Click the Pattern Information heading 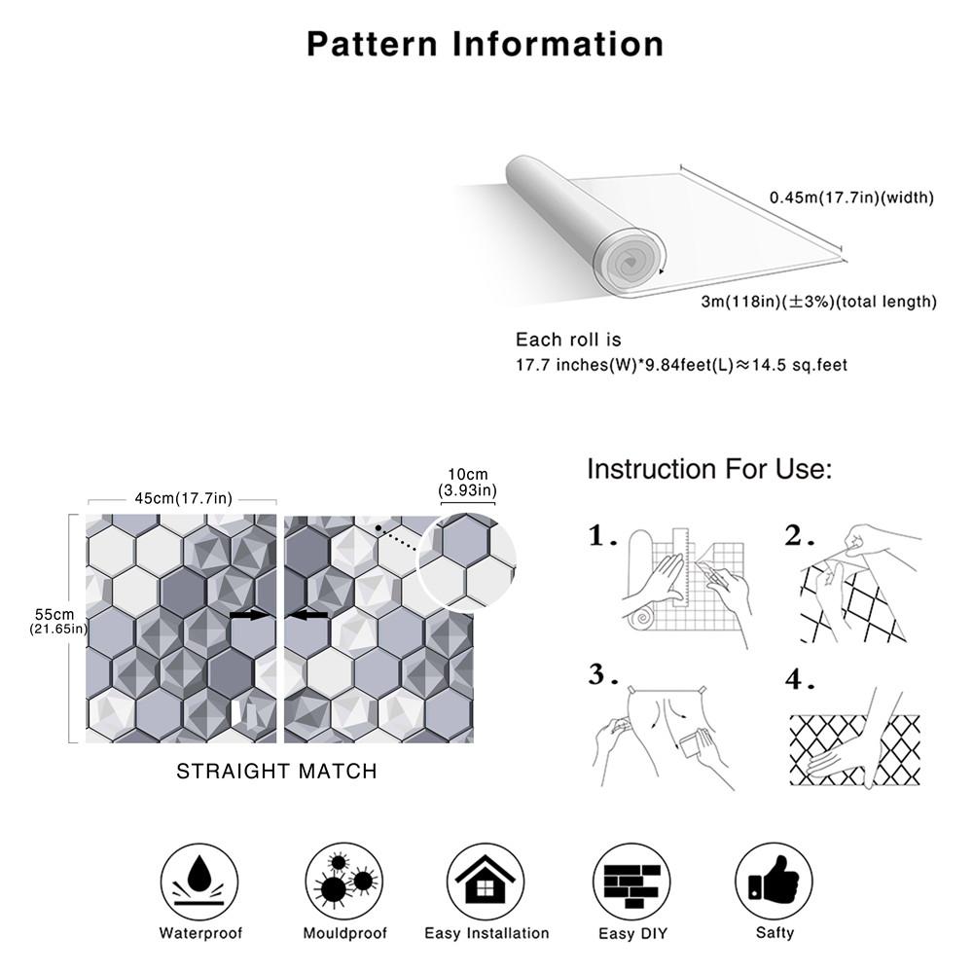[486, 44]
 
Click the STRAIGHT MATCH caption [276, 772]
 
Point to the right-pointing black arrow [250, 615]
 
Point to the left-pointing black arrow [310, 615]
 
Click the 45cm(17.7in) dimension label [183, 498]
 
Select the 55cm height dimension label [54, 621]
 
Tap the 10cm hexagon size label [467, 482]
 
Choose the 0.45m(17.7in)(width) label [851, 198]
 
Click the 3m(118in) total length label [818, 302]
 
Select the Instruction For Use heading [709, 470]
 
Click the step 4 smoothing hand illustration [852, 739]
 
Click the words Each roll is [567, 340]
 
